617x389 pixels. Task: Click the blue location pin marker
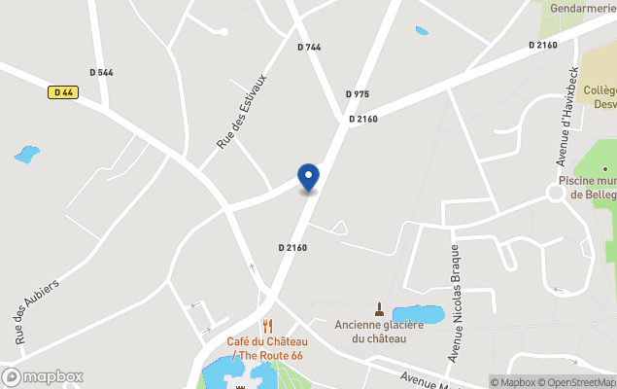pyautogui.click(x=308, y=178)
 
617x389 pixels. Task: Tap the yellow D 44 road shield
pyautogui.click(x=63, y=92)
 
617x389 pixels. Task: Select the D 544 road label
pyautogui.click(x=101, y=72)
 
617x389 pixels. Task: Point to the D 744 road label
pyautogui.click(x=309, y=47)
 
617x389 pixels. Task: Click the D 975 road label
pyautogui.click(x=358, y=94)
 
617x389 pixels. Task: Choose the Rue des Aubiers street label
pyautogui.click(x=37, y=311)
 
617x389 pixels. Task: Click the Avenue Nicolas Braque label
pyautogui.click(x=454, y=301)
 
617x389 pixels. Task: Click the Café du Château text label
pyautogui.click(x=267, y=341)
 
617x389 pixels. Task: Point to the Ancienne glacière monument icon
pyautogui.click(x=379, y=308)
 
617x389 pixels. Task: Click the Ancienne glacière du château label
pyautogui.click(x=379, y=331)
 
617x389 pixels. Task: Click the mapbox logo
pyautogui.click(x=43, y=376)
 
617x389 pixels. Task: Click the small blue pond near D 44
pyautogui.click(x=27, y=154)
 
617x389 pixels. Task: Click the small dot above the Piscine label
pyautogui.click(x=603, y=169)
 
